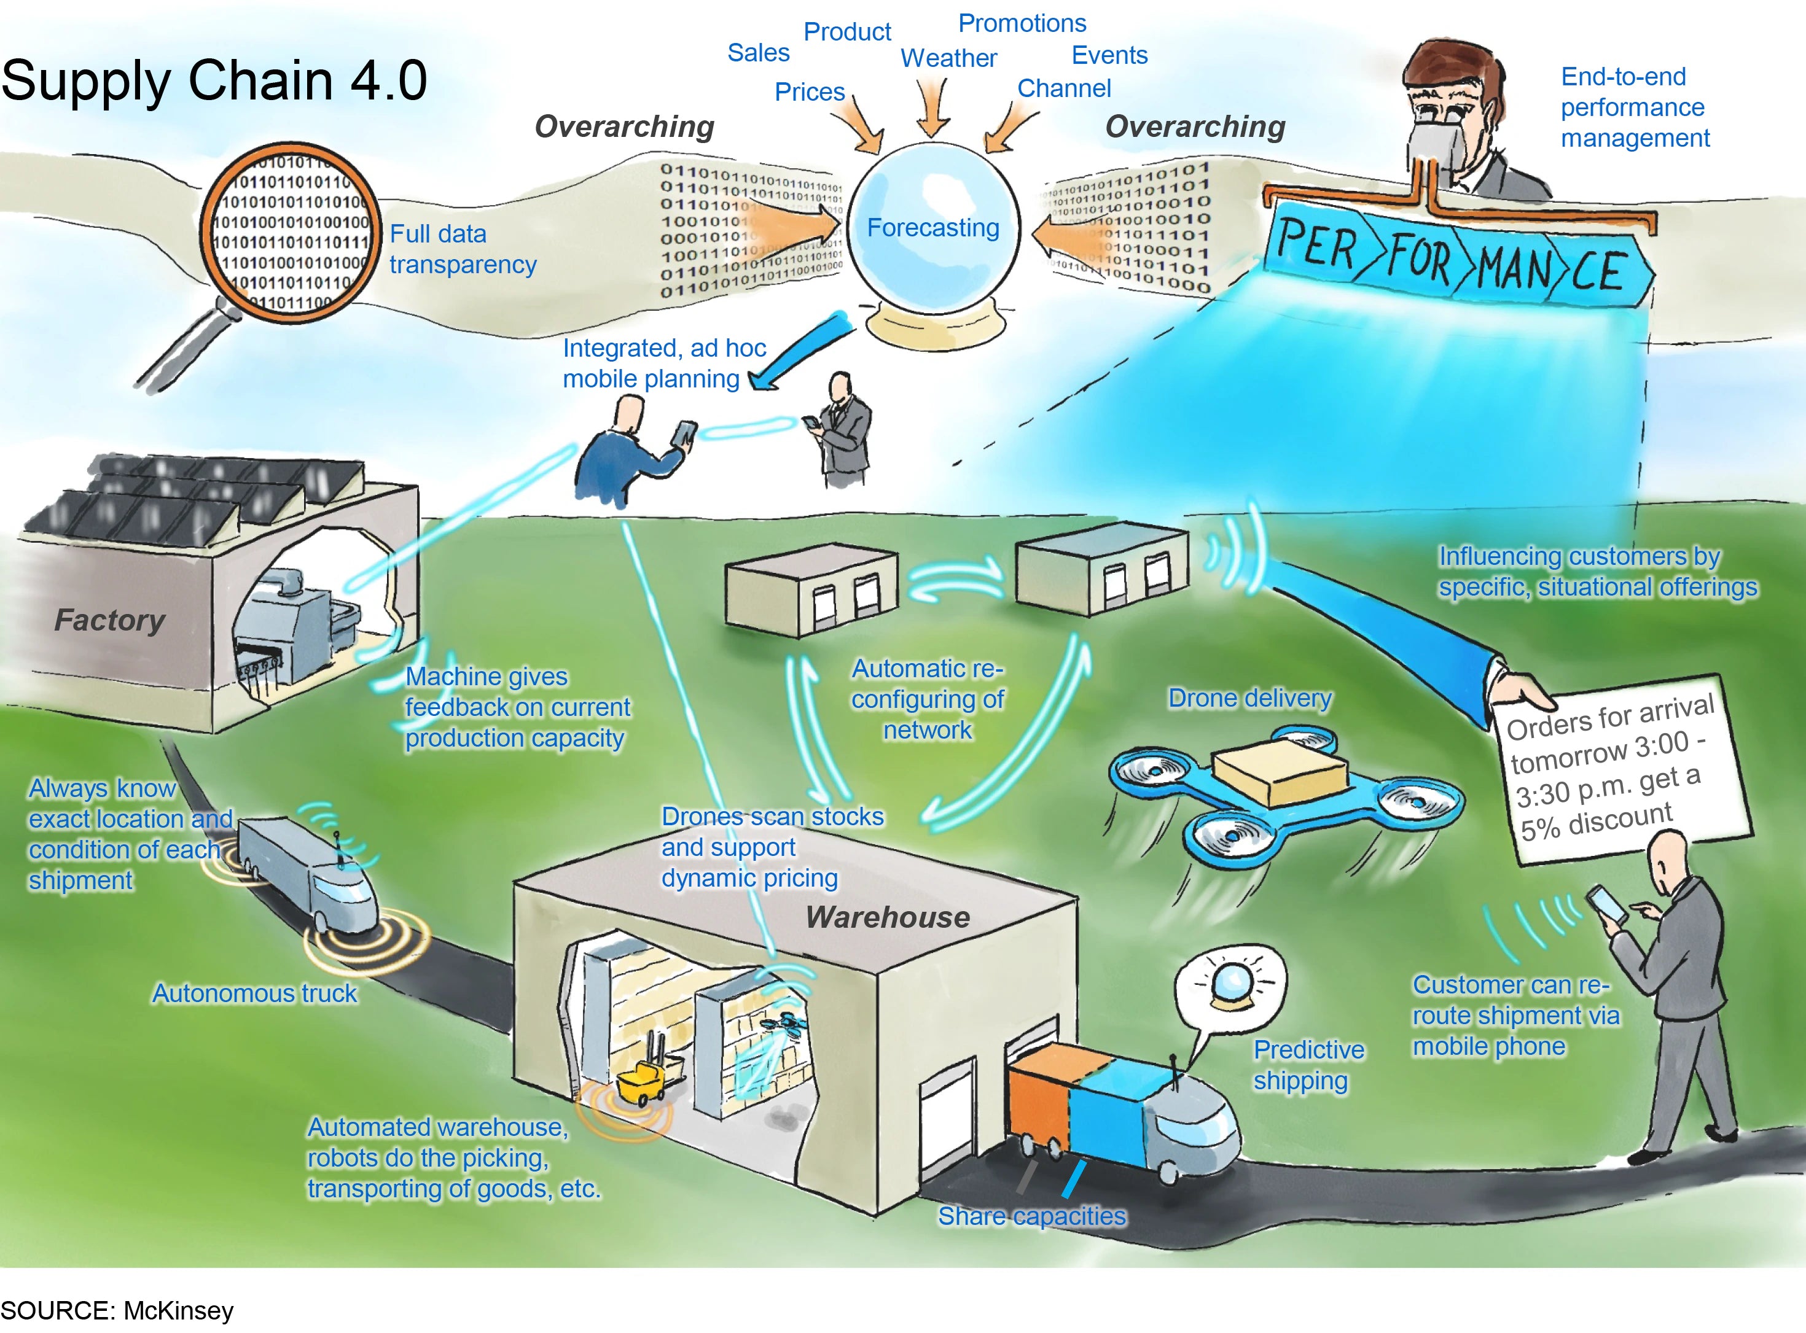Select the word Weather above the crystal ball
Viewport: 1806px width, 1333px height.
[x=948, y=58]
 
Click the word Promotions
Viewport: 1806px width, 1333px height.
[x=1022, y=23]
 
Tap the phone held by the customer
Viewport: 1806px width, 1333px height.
[x=1606, y=904]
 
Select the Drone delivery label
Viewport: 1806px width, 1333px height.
[x=1249, y=698]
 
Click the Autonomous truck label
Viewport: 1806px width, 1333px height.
[x=254, y=993]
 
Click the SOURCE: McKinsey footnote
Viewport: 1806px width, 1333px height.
[x=117, y=1310]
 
